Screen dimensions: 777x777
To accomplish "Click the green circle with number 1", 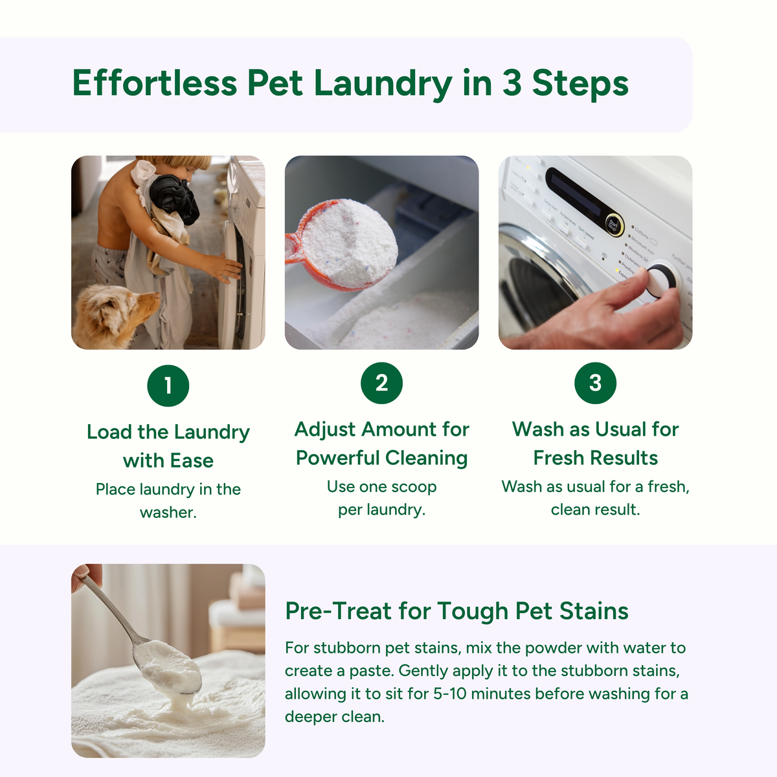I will pos(168,386).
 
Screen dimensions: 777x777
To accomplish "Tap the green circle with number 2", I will pos(381,383).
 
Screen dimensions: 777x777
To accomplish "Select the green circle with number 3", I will pos(595,383).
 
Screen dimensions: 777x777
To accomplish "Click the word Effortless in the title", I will pos(154,84).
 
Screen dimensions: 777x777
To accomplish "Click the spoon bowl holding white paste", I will pos(170,667).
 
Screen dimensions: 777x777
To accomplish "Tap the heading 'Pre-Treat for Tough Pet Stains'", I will pos(456,611).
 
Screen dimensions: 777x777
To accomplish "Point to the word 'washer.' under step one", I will pos(168,512).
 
